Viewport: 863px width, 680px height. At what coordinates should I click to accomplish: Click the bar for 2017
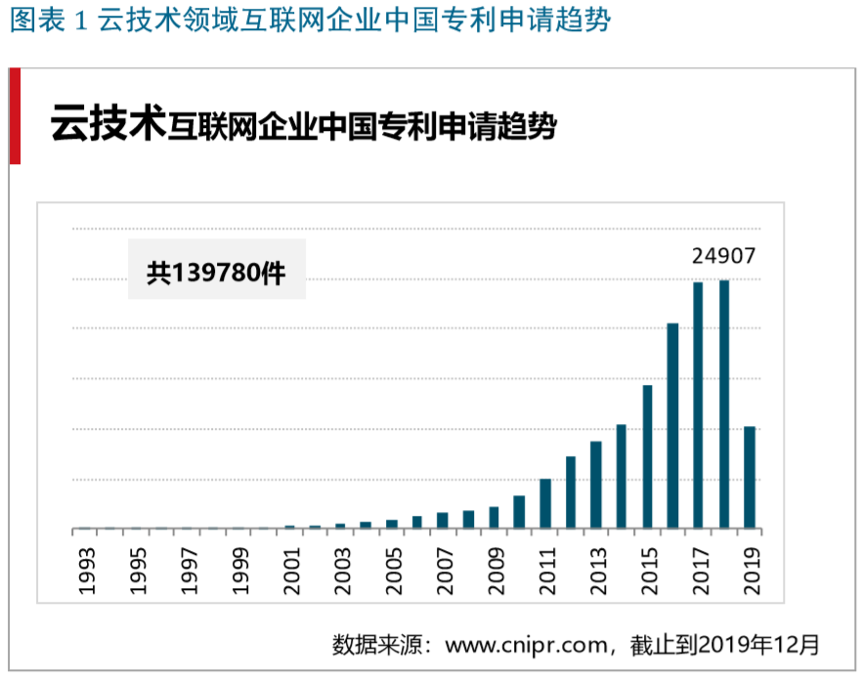coord(698,405)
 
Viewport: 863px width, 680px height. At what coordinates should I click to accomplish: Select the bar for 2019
coord(750,478)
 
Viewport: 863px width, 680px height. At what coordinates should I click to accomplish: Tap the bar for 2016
coord(672,426)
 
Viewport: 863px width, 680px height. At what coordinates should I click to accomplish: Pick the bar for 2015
coord(647,457)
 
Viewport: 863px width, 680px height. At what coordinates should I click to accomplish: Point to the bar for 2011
coord(545,504)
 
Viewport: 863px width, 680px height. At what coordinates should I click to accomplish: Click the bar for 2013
coord(596,486)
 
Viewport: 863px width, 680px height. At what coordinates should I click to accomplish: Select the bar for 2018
coord(724,404)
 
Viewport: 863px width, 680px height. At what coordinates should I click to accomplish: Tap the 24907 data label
coord(724,257)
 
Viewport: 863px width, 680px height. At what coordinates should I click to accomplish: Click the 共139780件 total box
coord(216,270)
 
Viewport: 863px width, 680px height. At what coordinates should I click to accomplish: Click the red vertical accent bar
coord(15,115)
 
